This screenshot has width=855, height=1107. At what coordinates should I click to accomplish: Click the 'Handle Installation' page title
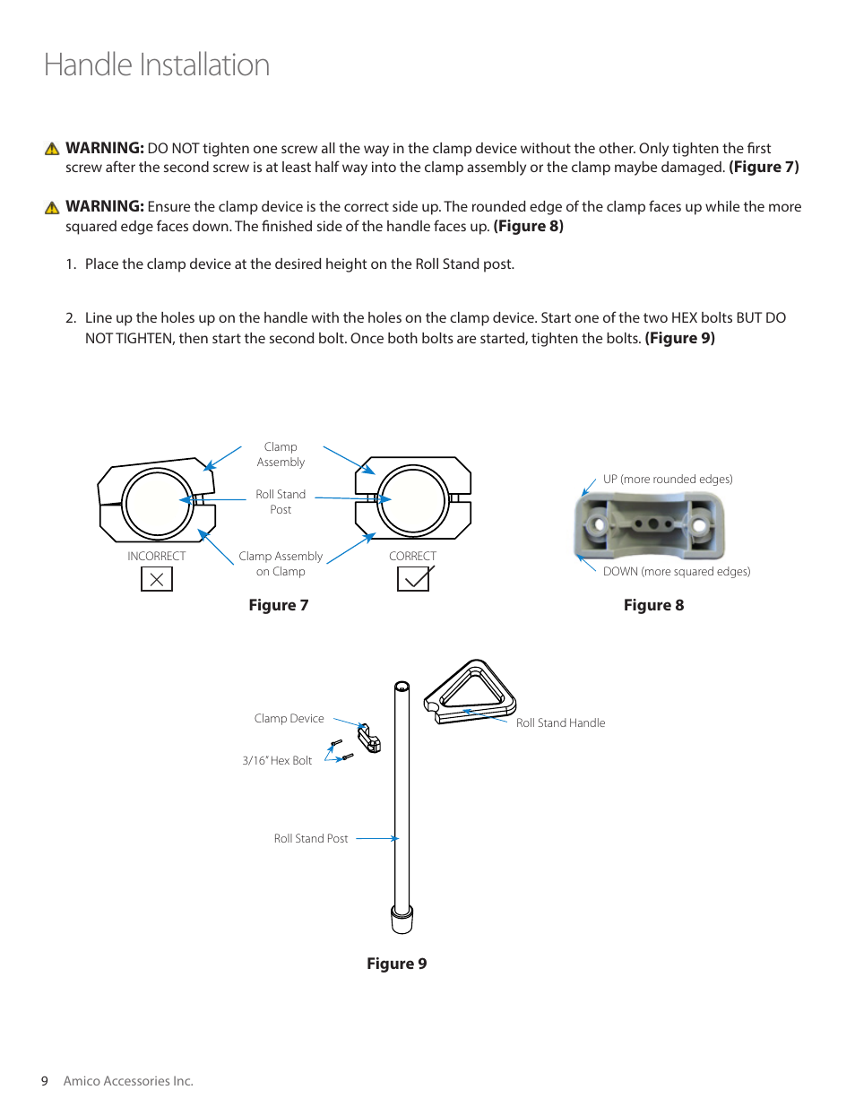tap(157, 65)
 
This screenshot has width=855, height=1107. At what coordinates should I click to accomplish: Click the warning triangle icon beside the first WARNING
tap(52, 149)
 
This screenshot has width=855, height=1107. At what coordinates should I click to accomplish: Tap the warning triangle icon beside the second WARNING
tap(52, 208)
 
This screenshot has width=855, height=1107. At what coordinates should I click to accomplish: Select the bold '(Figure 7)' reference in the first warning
tap(764, 168)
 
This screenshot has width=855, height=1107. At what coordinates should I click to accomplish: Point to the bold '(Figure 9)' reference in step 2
tap(679, 339)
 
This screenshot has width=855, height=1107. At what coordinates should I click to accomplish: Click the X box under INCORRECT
tap(157, 579)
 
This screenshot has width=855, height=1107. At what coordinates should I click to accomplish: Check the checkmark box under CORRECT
tap(413, 579)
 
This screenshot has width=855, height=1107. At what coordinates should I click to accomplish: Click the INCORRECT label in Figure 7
tap(157, 557)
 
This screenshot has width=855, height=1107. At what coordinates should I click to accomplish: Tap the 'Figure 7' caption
tap(279, 605)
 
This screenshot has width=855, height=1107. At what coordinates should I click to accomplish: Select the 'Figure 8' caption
tap(653, 605)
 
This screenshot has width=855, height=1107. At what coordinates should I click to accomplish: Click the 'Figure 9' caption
tap(396, 964)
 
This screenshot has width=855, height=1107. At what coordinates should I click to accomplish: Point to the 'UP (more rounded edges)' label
tap(668, 480)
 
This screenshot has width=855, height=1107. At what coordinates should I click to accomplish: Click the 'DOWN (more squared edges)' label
tap(677, 572)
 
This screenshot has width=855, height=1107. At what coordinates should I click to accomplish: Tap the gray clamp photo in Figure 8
tap(650, 525)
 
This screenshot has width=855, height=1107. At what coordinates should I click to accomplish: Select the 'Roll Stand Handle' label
tap(560, 723)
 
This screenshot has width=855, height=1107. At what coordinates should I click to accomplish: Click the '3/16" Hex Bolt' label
tap(277, 761)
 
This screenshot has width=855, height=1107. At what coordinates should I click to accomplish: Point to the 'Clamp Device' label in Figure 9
tap(289, 719)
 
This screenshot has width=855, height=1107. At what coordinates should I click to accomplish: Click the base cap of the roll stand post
tap(402, 919)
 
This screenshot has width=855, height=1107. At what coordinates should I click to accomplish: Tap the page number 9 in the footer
tap(44, 1081)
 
